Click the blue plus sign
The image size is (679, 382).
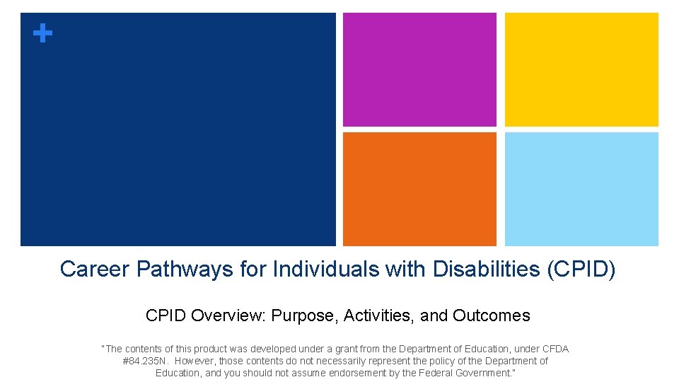pos(43,33)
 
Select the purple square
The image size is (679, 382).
pos(419,69)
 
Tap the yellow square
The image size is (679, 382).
pos(581,69)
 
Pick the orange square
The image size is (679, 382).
pos(419,189)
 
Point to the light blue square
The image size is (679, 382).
pos(581,189)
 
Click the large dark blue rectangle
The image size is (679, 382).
pos(178,129)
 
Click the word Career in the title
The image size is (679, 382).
pos(95,270)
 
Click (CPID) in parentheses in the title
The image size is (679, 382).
pos(581,270)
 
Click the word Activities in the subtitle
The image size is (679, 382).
pos(378,316)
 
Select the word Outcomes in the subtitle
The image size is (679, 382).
pos(492,316)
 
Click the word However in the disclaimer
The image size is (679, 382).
pos(195,361)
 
